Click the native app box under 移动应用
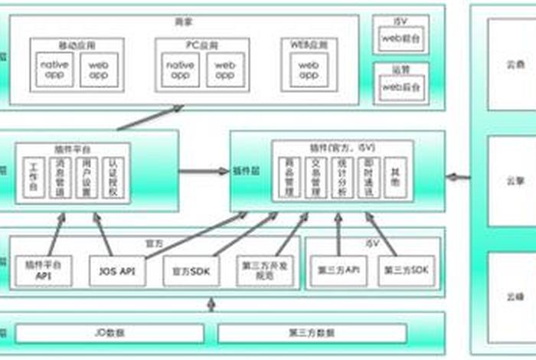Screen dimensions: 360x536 point(55,70)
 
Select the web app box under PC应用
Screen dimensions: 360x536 point(224,70)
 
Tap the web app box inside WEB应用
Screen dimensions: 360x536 point(308,70)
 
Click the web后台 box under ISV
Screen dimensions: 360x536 point(402,37)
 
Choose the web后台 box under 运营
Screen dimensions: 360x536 point(402,87)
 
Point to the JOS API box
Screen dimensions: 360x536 point(117,271)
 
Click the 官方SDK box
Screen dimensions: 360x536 point(191,271)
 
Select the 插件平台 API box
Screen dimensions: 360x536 point(43,270)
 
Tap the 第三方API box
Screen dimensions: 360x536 point(338,271)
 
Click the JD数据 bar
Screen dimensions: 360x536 point(110,333)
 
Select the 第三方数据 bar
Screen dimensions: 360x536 point(312,333)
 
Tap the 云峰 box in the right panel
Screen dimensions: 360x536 point(511,295)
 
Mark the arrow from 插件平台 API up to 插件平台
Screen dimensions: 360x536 point(54,234)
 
